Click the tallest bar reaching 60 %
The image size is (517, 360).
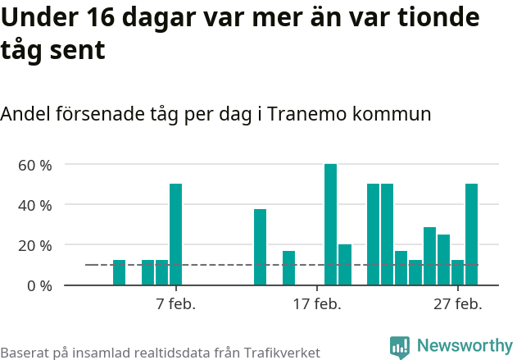(x=330, y=225)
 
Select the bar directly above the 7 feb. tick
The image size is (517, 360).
(x=175, y=235)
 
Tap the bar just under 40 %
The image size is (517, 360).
(x=260, y=247)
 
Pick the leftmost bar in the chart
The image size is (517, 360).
(x=119, y=272)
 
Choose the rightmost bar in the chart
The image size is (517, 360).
(x=471, y=235)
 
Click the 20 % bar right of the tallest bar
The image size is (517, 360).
(x=345, y=265)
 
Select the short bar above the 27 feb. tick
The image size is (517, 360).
(x=457, y=272)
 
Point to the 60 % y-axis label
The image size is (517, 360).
(x=35, y=165)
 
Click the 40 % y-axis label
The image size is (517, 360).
(x=35, y=205)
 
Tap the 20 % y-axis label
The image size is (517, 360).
(x=35, y=245)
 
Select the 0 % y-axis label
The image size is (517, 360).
(x=39, y=285)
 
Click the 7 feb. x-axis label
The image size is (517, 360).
(x=175, y=304)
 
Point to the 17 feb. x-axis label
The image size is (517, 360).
(x=316, y=304)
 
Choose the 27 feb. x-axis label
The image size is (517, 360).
(x=457, y=304)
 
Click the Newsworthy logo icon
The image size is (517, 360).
(x=400, y=347)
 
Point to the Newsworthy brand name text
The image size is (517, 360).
(x=464, y=346)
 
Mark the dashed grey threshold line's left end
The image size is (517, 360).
(x=87, y=265)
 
